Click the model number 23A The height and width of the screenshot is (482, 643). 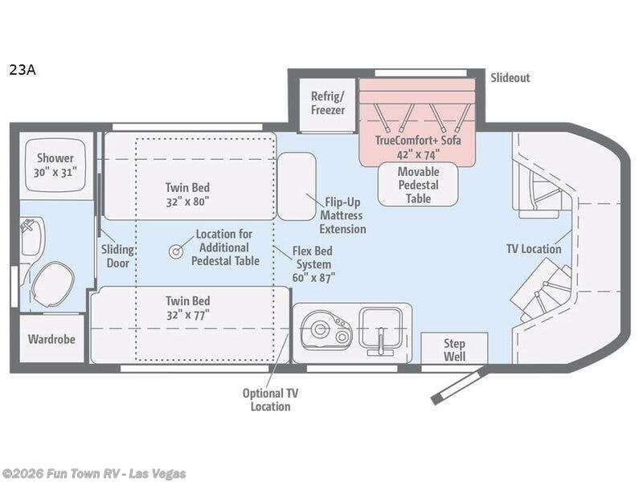[23, 69]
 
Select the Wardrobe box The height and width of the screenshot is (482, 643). [51, 339]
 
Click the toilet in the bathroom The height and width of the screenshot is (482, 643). [52, 284]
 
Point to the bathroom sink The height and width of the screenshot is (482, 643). [32, 236]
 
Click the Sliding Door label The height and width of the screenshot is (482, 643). [117, 255]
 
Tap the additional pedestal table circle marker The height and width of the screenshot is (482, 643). [174, 251]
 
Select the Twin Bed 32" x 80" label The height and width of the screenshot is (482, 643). [186, 194]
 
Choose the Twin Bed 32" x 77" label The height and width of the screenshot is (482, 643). [186, 307]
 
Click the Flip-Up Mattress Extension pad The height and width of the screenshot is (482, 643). [297, 186]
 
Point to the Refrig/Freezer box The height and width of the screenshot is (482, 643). [327, 103]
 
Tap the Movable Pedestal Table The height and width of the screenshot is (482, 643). [418, 184]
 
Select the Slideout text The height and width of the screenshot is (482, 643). [510, 78]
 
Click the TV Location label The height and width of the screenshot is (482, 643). [533, 248]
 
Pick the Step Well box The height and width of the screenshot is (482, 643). [454, 349]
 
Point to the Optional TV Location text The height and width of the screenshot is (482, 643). [270, 399]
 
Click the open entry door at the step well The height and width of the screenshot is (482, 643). [457, 386]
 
